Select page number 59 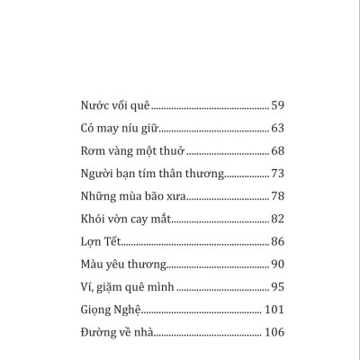pyautogui.click(x=277, y=103)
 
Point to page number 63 pyautogui.click(x=277, y=127)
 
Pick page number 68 pyautogui.click(x=277, y=150)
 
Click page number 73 pyautogui.click(x=277, y=174)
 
